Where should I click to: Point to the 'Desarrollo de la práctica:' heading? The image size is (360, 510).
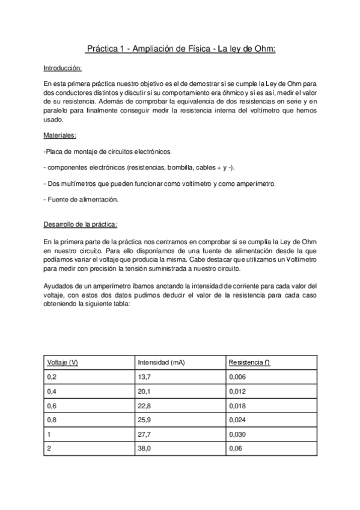coord(81,224)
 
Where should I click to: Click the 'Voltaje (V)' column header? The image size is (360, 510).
coord(62,362)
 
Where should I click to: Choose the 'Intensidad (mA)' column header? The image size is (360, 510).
coord(161,362)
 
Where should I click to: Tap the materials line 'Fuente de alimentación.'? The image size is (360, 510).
coord(81,199)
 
